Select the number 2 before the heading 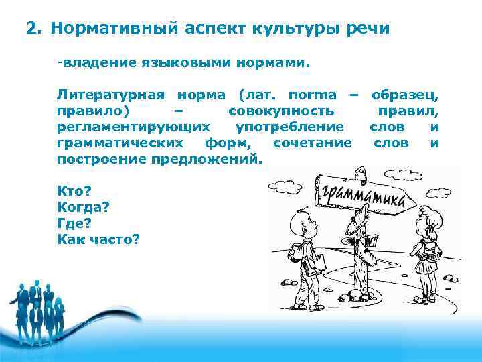coord(31,29)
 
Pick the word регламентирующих coord(133,127)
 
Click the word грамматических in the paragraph coord(121,143)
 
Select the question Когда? coord(84,206)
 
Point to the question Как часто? coord(98,239)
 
